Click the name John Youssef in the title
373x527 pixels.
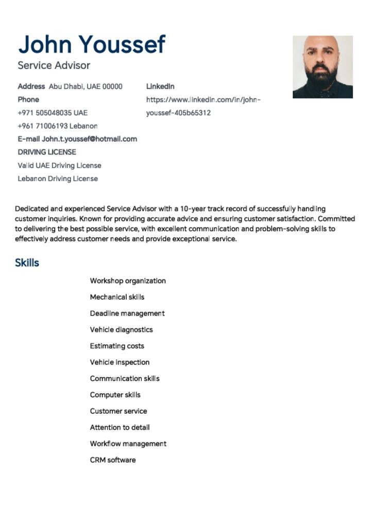point(92,45)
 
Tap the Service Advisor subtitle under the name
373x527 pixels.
point(54,65)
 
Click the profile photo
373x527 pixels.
point(323,67)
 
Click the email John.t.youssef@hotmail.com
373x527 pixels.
point(90,139)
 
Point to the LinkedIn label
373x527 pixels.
point(160,86)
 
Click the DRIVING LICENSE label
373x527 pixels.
point(47,152)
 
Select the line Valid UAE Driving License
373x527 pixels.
point(59,166)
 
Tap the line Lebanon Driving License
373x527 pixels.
point(58,179)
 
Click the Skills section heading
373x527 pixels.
point(27,263)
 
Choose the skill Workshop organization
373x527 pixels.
point(128,281)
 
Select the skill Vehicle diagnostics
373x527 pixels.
point(121,330)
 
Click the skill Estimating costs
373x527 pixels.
point(117,346)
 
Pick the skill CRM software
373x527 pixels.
point(113,460)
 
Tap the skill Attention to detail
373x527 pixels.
point(120,428)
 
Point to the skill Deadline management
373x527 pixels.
point(127,313)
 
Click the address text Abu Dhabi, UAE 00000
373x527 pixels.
point(86,86)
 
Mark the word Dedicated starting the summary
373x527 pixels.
point(30,209)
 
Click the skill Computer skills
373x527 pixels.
point(115,395)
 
